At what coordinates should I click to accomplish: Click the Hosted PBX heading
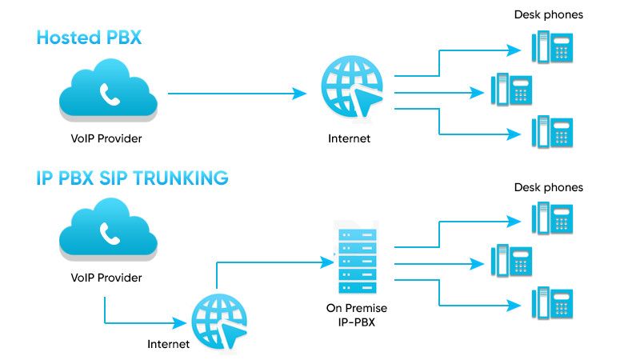[89, 38]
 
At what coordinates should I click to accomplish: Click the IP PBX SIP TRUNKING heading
[132, 178]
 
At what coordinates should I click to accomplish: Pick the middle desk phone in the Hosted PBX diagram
[511, 88]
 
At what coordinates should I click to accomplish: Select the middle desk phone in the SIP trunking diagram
[511, 260]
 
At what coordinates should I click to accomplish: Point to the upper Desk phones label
[548, 14]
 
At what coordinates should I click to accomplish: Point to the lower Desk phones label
[548, 187]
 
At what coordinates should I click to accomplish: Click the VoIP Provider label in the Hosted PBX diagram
[106, 138]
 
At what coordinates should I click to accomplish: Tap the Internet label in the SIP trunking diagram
[169, 345]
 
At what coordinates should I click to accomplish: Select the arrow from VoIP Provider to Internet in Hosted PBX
[237, 94]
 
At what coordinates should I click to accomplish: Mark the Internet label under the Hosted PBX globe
[350, 138]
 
